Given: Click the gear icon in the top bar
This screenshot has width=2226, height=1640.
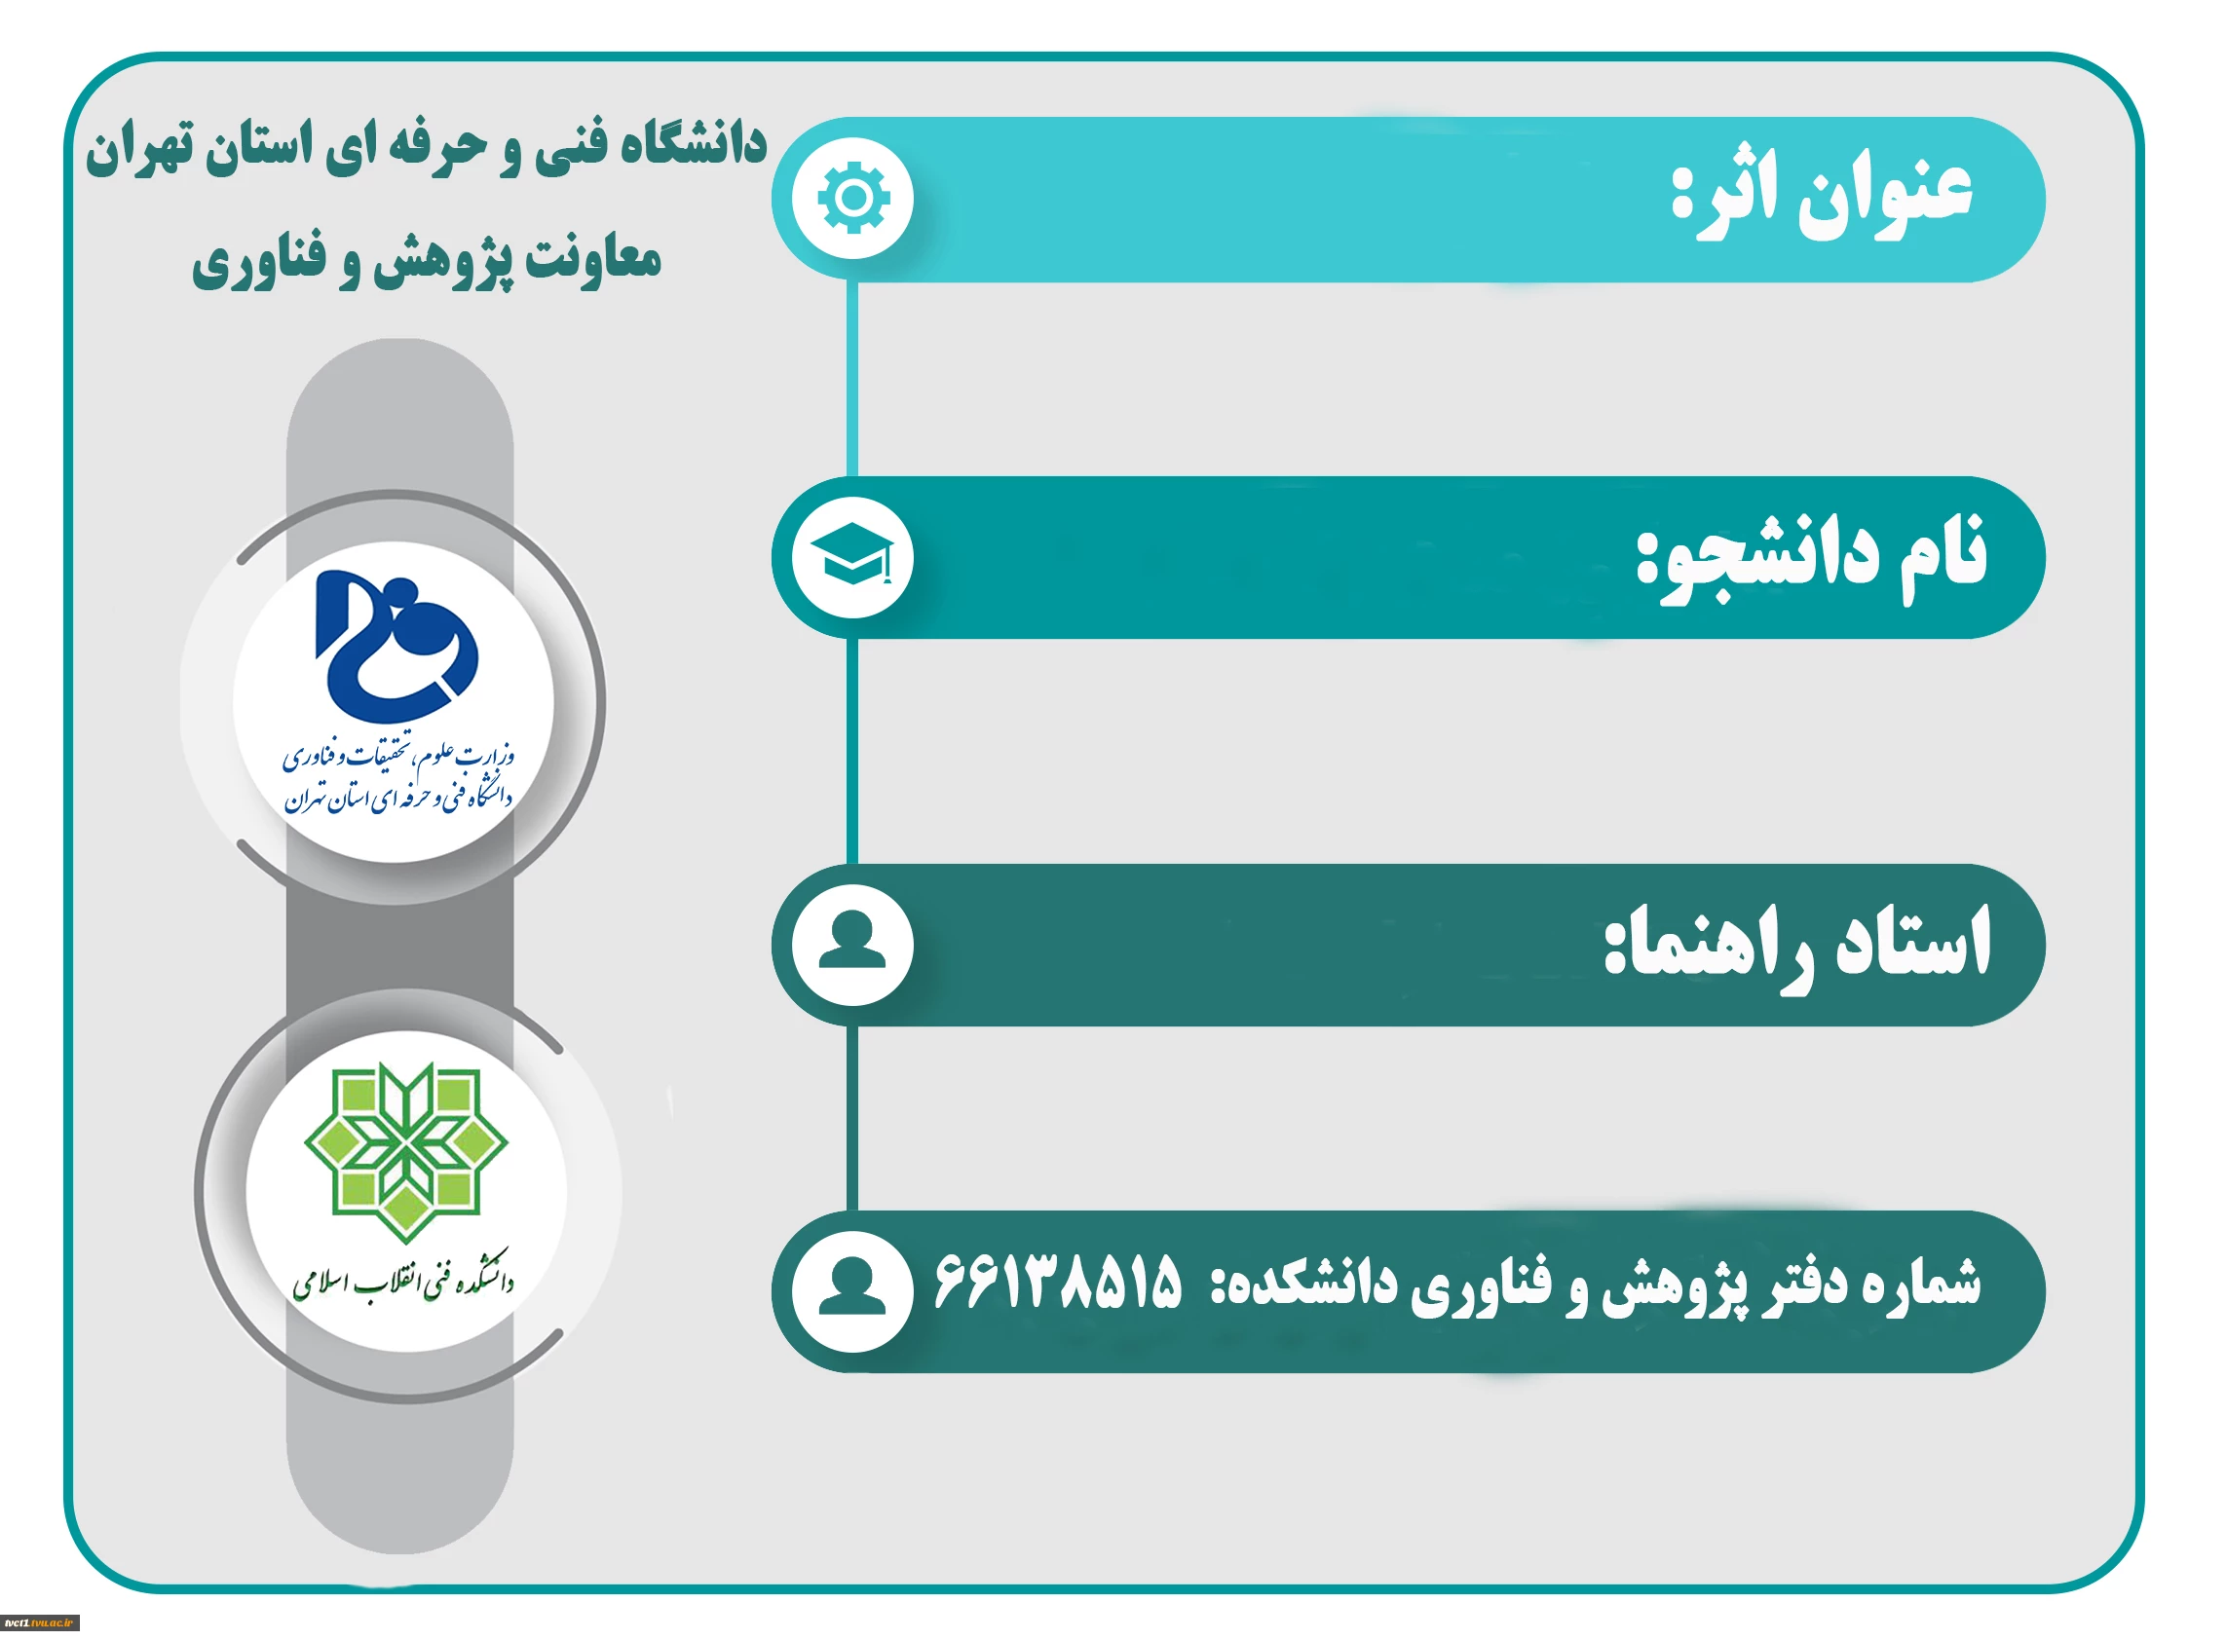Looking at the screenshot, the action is tap(852, 199).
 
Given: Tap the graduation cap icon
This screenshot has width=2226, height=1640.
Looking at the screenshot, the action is tap(851, 556).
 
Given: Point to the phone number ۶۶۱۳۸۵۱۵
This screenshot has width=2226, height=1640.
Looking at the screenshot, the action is tap(1057, 1281).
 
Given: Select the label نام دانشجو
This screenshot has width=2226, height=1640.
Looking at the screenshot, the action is tap(1812, 557).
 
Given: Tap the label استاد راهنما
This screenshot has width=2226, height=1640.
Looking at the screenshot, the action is tap(1798, 943).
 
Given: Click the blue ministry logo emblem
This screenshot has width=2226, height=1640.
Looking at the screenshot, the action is tap(396, 646).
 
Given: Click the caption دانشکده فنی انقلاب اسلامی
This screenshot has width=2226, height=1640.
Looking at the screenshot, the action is tap(403, 1283).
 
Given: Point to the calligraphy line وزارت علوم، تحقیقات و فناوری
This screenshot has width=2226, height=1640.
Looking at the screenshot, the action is tap(398, 758).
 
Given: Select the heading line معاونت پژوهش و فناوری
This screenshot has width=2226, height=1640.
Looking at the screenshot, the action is tap(427, 260).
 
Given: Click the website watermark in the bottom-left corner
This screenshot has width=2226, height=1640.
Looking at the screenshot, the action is tap(40, 1623).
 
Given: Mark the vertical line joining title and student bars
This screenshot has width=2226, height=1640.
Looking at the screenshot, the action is tap(851, 378).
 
